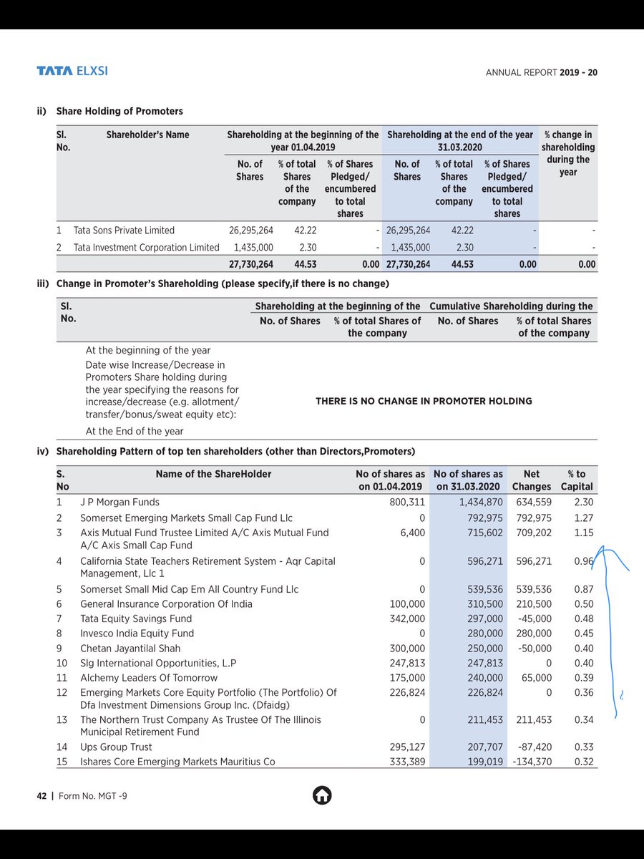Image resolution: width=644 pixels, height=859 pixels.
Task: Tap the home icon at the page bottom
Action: (321, 795)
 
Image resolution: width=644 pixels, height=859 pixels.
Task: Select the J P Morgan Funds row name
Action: (119, 503)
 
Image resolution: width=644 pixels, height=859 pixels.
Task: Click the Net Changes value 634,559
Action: (533, 503)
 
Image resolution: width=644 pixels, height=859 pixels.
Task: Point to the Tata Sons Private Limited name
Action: (124, 230)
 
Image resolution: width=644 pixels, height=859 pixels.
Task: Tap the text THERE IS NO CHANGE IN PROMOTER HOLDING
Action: (424, 401)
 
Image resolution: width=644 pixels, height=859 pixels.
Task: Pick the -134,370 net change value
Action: (532, 762)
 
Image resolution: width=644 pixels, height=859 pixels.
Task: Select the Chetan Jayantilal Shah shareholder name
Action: (130, 649)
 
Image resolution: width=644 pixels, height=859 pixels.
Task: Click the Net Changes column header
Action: (532, 480)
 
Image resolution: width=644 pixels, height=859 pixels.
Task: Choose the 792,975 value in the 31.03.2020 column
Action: (482, 518)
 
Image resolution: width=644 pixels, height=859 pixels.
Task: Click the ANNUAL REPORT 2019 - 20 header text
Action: (542, 72)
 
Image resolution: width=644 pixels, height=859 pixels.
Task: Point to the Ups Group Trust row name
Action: (116, 747)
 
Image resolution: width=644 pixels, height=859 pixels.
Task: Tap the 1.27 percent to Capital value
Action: (583, 518)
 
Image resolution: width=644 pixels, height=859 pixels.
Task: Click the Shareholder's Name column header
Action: (147, 135)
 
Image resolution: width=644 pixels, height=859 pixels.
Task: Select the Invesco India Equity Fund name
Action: (137, 634)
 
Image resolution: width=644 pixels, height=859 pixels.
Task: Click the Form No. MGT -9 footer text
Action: (93, 795)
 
